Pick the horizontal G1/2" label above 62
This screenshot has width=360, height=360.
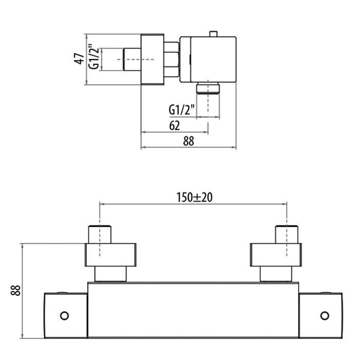click(x=181, y=110)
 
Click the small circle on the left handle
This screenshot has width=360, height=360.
click(x=64, y=315)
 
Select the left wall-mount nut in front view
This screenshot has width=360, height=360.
click(x=111, y=255)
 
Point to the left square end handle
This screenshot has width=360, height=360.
click(x=65, y=315)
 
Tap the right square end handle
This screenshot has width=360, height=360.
click(x=321, y=315)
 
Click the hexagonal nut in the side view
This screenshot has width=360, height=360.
click(x=172, y=59)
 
